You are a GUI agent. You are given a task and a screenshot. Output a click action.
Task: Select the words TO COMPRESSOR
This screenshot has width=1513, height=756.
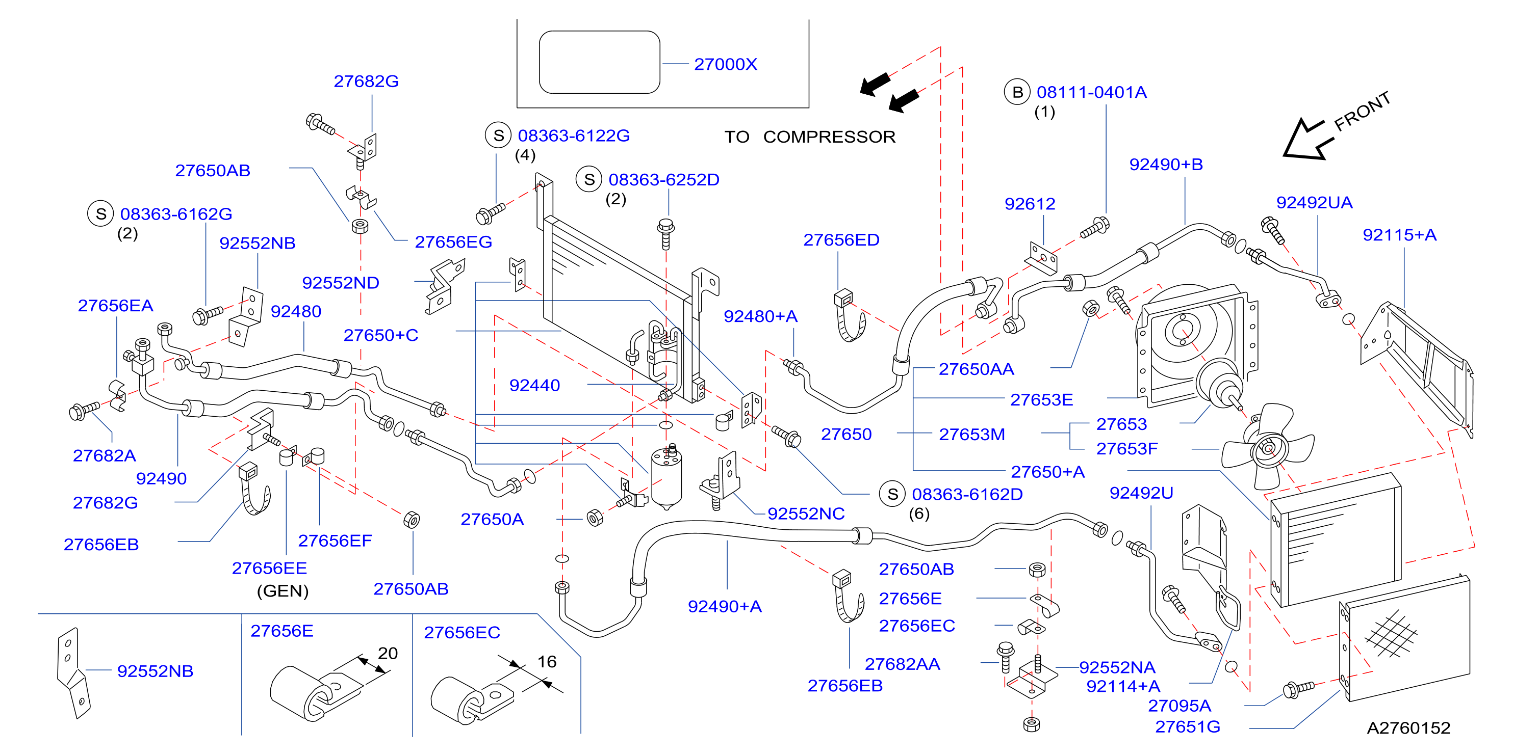(810, 137)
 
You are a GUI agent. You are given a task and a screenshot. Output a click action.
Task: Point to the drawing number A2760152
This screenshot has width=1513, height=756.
(1408, 728)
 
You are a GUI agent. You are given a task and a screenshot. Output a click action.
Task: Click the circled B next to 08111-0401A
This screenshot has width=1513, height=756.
(1017, 92)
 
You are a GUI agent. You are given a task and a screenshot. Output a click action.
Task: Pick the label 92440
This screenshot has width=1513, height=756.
(534, 385)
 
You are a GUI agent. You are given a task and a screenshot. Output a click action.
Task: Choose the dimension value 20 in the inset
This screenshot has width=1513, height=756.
(388, 653)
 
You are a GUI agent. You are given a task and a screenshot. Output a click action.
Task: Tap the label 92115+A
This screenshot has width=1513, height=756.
(1400, 235)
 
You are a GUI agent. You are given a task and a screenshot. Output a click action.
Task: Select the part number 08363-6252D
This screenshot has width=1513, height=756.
(664, 180)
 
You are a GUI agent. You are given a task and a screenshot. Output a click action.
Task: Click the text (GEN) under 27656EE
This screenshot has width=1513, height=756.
(283, 590)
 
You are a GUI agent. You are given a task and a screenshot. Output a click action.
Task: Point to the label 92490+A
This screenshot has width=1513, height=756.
(725, 606)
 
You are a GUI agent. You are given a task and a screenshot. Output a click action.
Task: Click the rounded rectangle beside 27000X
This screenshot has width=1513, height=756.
(600, 62)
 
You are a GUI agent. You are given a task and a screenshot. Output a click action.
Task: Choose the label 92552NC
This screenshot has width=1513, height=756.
(806, 514)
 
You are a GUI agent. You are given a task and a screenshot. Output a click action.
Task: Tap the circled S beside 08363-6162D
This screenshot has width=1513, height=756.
(892, 494)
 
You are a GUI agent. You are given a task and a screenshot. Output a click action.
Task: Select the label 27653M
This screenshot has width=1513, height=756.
(972, 435)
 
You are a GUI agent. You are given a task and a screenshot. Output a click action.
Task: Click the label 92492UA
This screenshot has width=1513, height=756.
(1315, 203)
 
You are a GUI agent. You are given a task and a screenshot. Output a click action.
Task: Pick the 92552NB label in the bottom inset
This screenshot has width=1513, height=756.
(155, 671)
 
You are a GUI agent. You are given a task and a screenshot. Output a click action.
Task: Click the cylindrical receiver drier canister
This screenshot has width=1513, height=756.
(666, 478)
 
